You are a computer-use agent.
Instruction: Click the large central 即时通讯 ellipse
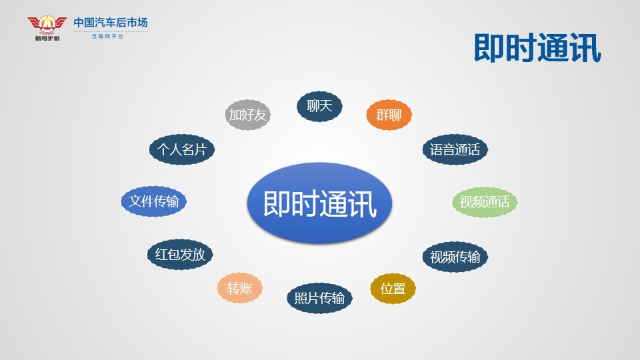point(319,203)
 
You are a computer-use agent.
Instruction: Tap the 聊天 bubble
point(319,106)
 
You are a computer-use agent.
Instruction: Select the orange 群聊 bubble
point(389,115)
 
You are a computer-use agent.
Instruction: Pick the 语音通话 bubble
point(455,149)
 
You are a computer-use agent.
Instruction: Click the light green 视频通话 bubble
point(485,201)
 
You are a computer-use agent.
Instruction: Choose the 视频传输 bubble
point(455,257)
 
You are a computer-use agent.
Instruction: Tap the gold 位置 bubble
point(393,289)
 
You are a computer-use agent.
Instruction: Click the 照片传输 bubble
point(319,298)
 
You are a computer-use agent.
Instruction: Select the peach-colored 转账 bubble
point(239,288)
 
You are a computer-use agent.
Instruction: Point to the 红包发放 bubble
point(180,254)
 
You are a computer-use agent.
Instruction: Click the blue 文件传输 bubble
point(154,201)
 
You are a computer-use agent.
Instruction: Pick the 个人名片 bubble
point(181,149)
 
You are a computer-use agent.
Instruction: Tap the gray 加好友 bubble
point(248,115)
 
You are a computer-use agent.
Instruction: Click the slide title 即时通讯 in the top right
point(537,48)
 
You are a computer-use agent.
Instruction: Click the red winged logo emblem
point(47,25)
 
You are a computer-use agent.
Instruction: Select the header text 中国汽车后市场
point(111,23)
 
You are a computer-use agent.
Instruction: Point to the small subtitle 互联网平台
point(107,36)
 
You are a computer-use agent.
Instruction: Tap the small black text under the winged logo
point(47,39)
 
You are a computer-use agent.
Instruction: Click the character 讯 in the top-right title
point(585,48)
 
